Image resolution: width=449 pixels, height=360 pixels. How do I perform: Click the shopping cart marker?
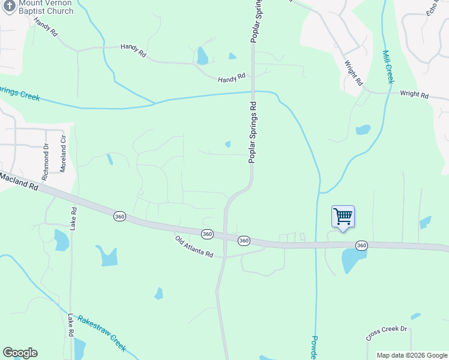click(343, 217)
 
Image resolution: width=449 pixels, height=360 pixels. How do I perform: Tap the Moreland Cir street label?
click(62, 154)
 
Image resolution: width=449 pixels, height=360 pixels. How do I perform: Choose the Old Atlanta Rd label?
click(194, 247)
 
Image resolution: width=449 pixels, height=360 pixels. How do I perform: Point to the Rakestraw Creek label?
click(102, 333)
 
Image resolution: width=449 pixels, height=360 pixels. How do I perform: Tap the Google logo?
click(20, 353)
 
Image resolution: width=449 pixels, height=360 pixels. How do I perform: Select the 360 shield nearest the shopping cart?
click(361, 245)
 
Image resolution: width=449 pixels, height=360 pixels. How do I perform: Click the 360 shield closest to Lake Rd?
click(119, 216)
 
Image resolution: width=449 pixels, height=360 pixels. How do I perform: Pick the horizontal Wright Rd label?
click(414, 95)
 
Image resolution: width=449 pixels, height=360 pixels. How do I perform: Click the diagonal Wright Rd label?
click(354, 71)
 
